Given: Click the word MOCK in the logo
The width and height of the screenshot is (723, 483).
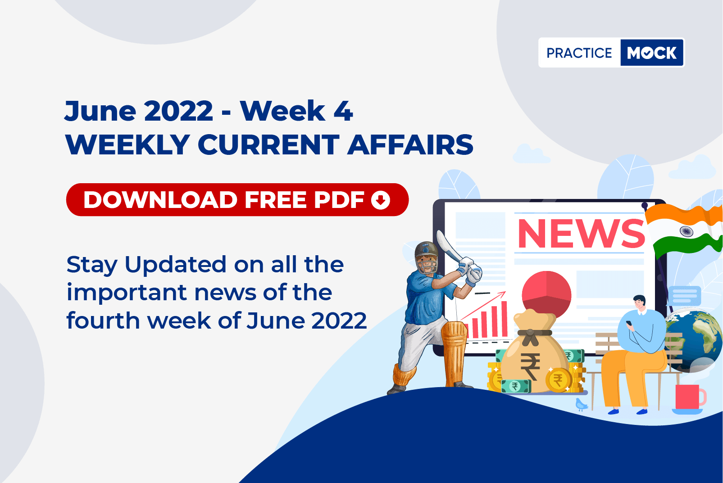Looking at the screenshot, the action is (x=651, y=53).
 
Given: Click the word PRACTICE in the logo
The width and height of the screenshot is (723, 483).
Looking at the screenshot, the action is (x=579, y=53).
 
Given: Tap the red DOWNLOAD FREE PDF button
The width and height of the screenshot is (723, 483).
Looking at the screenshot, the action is (x=237, y=199).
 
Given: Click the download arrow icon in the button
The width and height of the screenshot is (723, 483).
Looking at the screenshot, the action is (x=381, y=200).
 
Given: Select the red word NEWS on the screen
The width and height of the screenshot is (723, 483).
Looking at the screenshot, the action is (x=581, y=234).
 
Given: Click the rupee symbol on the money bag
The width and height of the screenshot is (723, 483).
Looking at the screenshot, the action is (x=530, y=366).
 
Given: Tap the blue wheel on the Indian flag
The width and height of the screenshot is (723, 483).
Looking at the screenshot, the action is (x=686, y=231).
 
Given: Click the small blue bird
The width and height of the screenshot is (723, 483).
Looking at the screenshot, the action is (x=581, y=404).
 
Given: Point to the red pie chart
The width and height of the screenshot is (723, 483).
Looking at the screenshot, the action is (x=546, y=294).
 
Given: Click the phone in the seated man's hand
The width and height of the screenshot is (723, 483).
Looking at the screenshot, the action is (x=629, y=323).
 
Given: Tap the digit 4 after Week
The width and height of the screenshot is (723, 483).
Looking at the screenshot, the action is (x=343, y=111).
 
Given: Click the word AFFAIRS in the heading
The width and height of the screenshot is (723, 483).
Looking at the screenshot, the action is (x=410, y=145).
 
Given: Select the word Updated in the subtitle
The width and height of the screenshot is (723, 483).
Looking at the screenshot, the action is (x=176, y=264).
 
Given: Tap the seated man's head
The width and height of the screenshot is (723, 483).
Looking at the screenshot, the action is (x=639, y=302).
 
